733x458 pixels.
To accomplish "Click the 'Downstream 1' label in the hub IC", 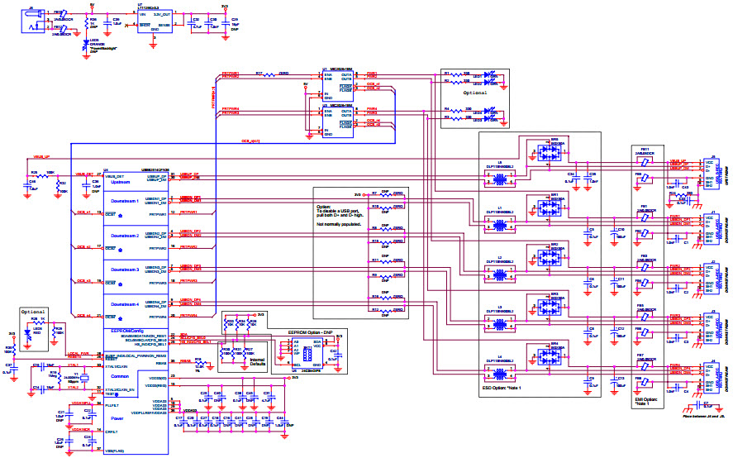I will (126, 202).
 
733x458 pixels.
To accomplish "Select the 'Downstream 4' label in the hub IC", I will (126, 304).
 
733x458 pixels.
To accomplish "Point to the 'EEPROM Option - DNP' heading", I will (308, 331).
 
